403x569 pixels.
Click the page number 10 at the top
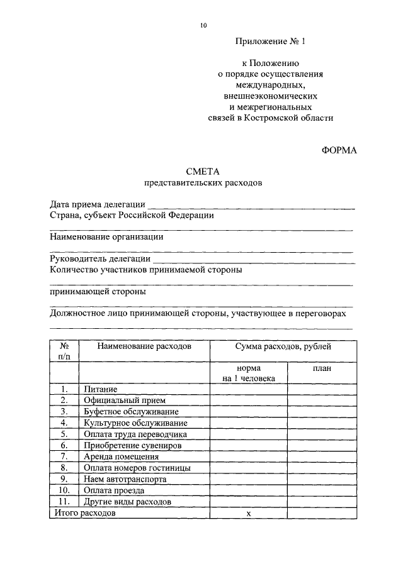[x=202, y=25]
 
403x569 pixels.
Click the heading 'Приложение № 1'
[x=270, y=43]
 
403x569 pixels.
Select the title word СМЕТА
[x=202, y=171]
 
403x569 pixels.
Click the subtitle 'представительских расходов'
[x=202, y=183]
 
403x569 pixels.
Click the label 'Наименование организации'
[x=106, y=236]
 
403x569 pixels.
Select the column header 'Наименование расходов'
[x=144, y=346]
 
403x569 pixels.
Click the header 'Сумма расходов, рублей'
[x=283, y=346]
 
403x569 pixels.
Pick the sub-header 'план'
[x=322, y=368]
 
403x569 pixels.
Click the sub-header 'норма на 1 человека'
[x=248, y=373]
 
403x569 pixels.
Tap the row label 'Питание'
[x=101, y=390]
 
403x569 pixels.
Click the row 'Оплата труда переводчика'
[x=135, y=434]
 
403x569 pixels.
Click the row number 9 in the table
[x=64, y=478]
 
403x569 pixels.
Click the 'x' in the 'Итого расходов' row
[x=248, y=513]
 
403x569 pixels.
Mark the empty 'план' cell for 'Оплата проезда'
[x=322, y=490]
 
